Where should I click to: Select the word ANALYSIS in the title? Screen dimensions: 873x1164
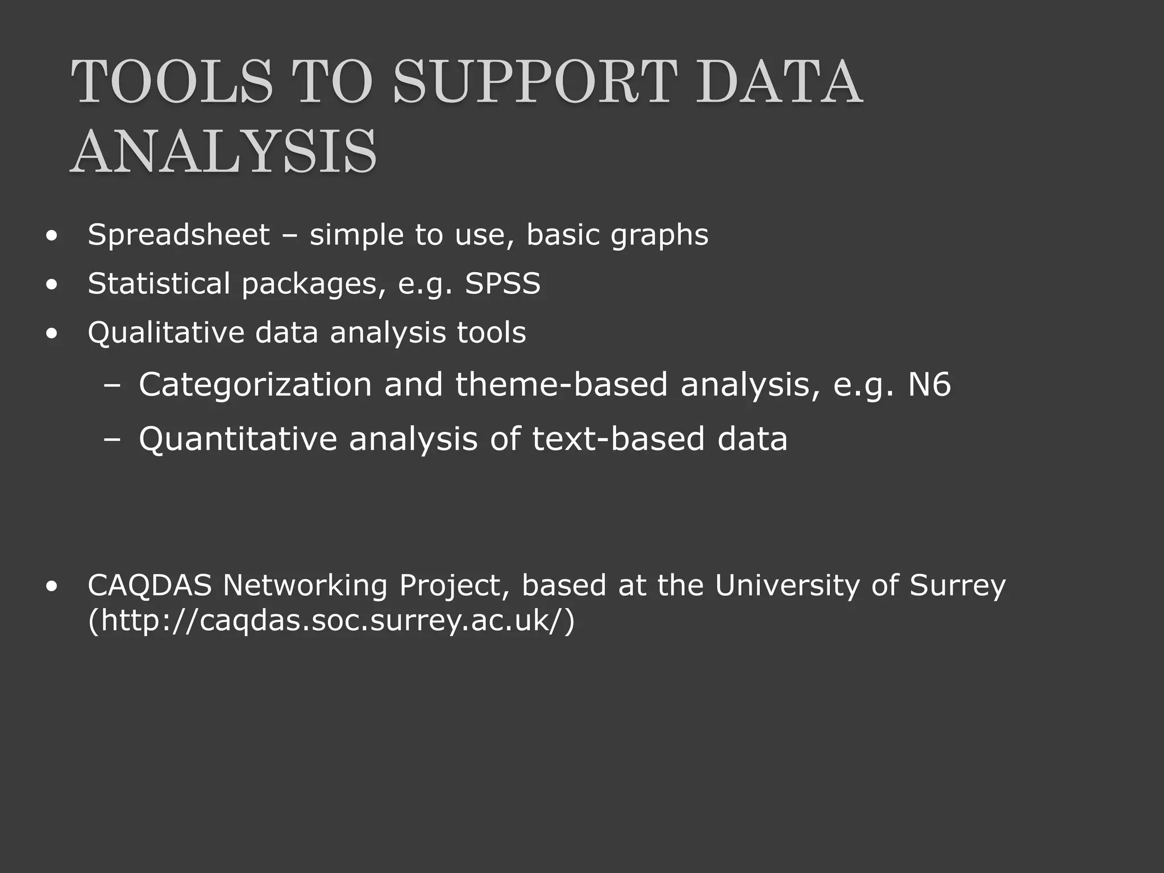[223, 152]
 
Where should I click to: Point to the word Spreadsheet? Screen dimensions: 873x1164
[178, 235]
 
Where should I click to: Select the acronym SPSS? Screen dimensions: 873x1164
[502, 283]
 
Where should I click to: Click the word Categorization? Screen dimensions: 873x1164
[255, 385]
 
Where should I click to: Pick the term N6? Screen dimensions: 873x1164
[929, 385]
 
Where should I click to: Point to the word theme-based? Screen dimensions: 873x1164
[562, 385]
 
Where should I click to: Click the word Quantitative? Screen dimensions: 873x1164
[238, 439]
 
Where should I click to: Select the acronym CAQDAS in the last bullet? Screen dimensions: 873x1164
[149, 585]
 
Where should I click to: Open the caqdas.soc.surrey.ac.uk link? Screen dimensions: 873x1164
[331, 621]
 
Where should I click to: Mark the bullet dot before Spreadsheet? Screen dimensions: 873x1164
[52, 236]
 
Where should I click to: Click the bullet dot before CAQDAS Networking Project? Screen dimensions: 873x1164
[52, 587]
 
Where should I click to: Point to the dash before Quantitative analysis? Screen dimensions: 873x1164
[113, 439]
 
